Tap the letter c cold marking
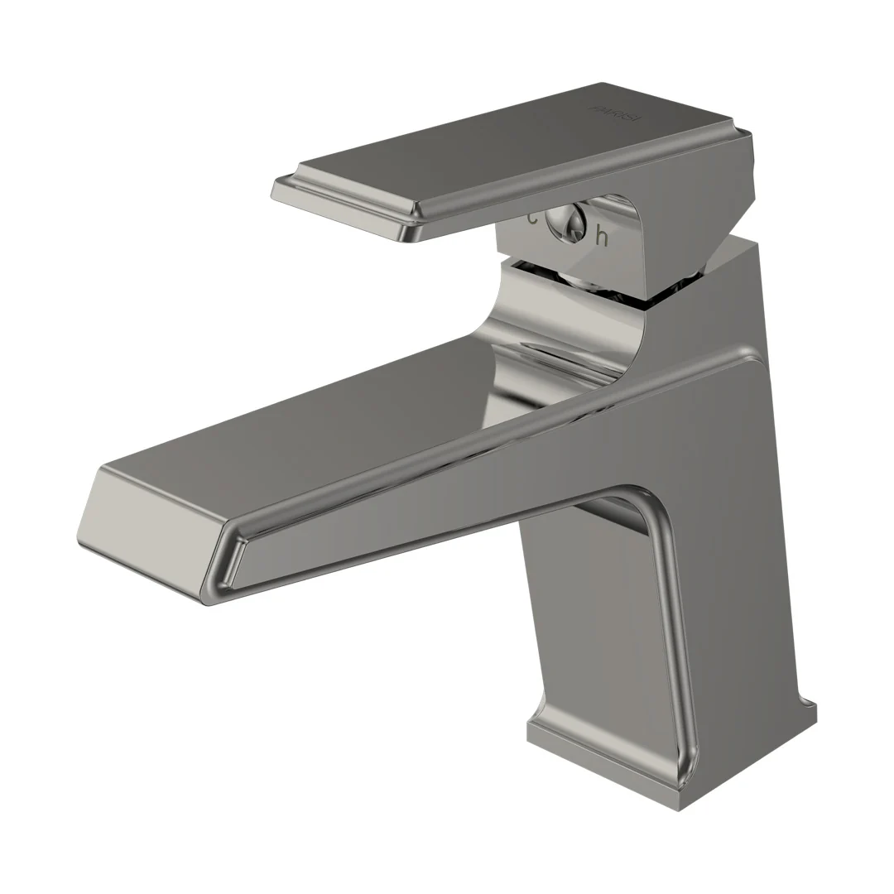[532, 219]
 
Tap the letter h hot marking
[602, 238]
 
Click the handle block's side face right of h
[662, 248]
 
